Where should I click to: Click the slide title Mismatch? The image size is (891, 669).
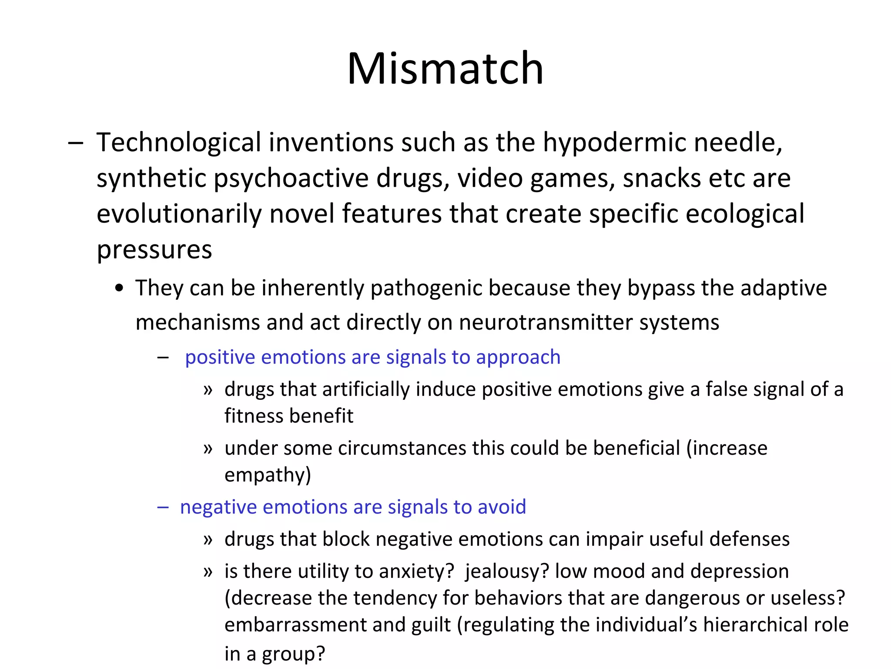(445, 68)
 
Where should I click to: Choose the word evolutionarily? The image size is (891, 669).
(178, 214)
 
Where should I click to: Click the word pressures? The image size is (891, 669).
(154, 250)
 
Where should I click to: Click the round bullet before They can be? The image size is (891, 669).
(120, 288)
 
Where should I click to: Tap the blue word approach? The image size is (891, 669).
(518, 357)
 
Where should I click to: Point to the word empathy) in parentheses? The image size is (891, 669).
(268, 475)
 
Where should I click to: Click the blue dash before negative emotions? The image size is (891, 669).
(163, 507)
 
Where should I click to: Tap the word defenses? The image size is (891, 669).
(749, 539)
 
